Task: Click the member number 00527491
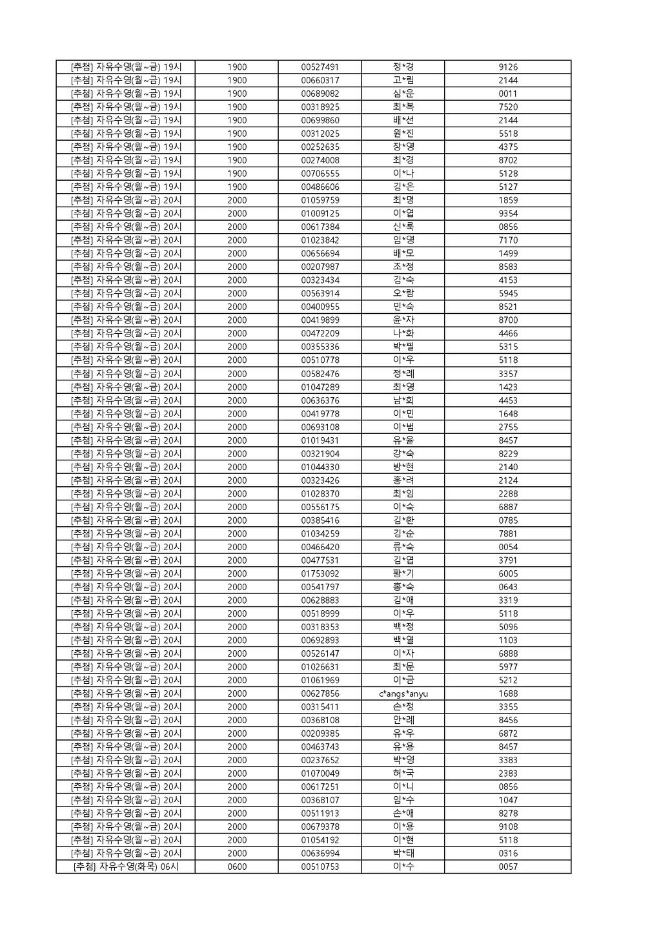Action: coord(320,67)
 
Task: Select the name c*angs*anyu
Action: coord(403,694)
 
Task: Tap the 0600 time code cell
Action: coord(237,867)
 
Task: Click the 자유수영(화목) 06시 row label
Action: coord(126,867)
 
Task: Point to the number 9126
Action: coord(508,67)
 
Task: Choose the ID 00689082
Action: coord(320,94)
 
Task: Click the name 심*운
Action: coord(403,94)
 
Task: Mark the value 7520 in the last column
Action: coord(508,107)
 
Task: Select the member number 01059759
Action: coord(320,200)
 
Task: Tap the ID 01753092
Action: coord(320,573)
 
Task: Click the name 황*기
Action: coord(403,573)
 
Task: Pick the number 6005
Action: coord(508,573)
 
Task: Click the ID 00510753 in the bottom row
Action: coord(320,867)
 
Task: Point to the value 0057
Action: coord(508,867)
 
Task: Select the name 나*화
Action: coord(403,334)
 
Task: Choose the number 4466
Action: coord(508,334)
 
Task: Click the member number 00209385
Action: coord(320,734)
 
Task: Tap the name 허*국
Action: coord(403,774)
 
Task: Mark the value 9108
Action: coord(508,827)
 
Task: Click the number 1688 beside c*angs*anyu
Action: coord(508,694)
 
